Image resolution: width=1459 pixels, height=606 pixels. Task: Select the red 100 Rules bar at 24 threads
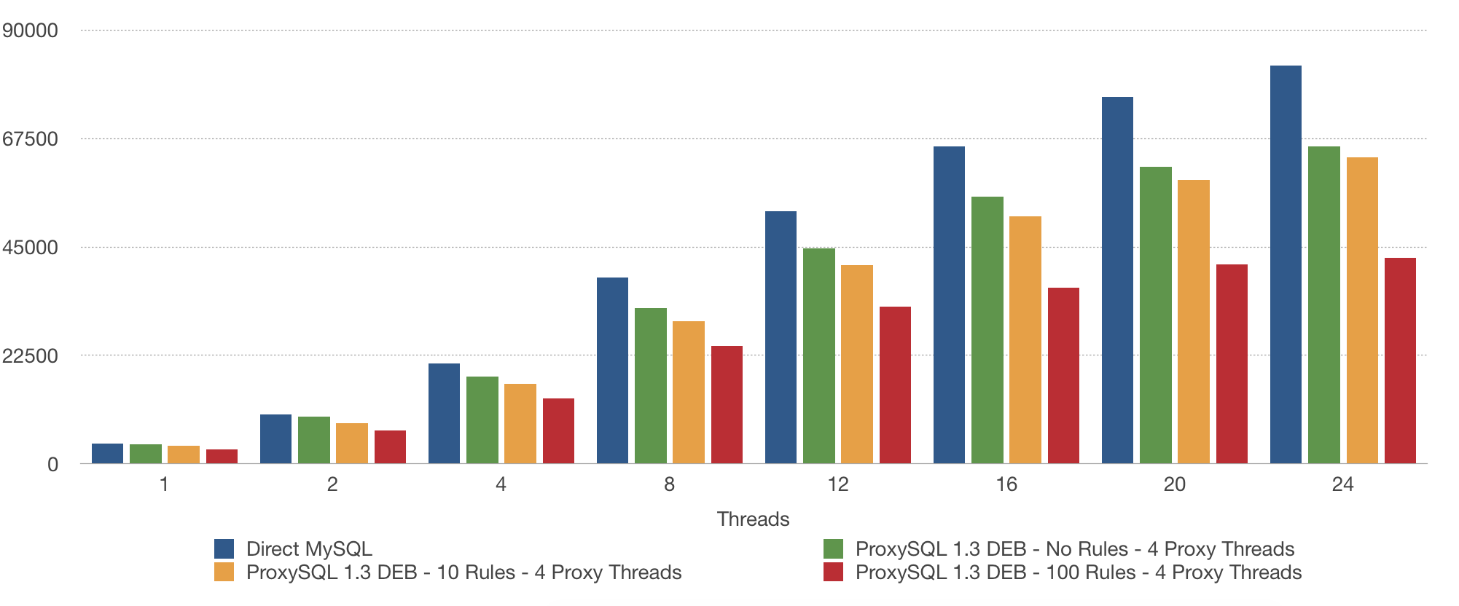(x=1400, y=361)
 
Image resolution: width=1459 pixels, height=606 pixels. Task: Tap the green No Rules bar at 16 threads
(x=987, y=330)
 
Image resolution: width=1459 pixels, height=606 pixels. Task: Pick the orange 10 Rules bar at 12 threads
(x=857, y=364)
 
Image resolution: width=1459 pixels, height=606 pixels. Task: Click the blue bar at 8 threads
(x=612, y=370)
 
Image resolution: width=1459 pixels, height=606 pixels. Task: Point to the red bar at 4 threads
(x=558, y=430)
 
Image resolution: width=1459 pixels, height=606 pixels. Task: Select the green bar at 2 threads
(x=314, y=440)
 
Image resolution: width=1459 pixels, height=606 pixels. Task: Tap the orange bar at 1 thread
(x=184, y=454)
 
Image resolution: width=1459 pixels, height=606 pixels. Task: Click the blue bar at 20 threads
(x=1117, y=280)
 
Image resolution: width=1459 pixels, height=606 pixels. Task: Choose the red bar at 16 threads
(x=1063, y=375)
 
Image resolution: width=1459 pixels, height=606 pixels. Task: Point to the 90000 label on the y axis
(x=31, y=31)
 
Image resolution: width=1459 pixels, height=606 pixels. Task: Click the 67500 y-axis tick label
(x=31, y=139)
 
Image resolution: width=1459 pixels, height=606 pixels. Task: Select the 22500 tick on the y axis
(x=31, y=356)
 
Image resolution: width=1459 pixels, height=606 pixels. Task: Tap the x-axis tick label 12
(x=838, y=484)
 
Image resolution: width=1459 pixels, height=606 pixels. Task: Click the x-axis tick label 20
(x=1174, y=484)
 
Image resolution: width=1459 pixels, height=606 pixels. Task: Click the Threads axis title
(x=753, y=519)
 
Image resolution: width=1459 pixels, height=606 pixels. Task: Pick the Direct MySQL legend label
(x=309, y=549)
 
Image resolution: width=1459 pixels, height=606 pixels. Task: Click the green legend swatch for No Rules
(x=833, y=548)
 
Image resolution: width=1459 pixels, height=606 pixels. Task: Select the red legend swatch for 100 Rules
(x=833, y=572)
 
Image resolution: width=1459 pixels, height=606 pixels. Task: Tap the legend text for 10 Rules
(x=463, y=572)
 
